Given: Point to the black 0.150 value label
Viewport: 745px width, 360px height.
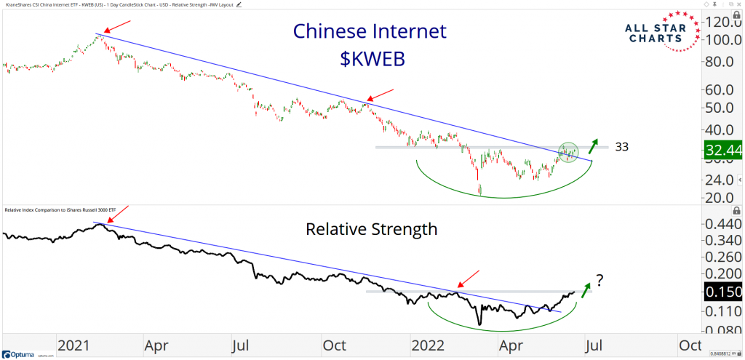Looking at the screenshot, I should point(722,291).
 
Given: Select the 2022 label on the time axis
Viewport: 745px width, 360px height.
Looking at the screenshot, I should point(428,345).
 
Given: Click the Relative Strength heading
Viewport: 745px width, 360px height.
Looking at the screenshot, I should point(372,229).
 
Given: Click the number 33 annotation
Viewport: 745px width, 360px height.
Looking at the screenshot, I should point(621,147).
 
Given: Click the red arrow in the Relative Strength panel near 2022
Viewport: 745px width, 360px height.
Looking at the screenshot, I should point(469,279).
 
